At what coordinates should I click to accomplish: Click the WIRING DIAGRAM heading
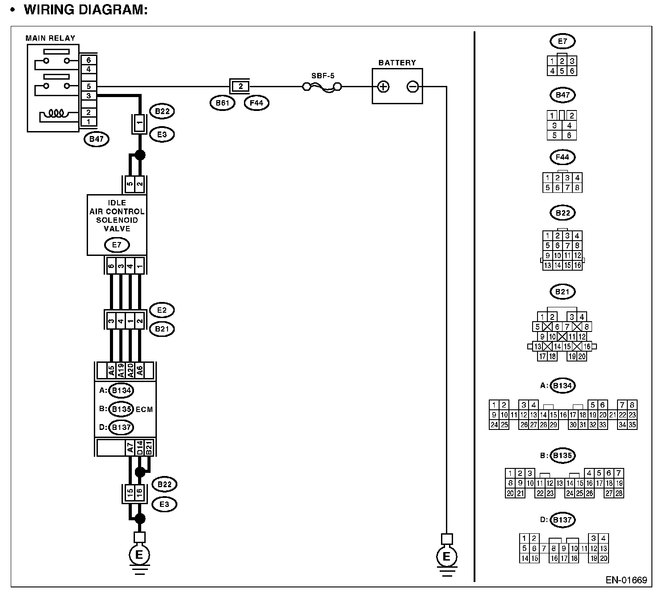tap(85, 10)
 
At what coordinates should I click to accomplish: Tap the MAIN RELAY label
tap(50, 38)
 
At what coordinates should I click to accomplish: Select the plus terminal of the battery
tap(383, 87)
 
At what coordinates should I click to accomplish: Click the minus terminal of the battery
tap(412, 87)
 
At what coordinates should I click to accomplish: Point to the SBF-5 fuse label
tap(323, 76)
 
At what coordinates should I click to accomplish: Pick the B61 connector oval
tap(222, 103)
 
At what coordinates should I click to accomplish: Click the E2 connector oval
tap(162, 310)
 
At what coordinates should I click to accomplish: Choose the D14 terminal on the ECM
tap(139, 448)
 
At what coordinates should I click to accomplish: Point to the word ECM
tap(144, 409)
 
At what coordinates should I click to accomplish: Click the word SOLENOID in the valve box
tap(117, 220)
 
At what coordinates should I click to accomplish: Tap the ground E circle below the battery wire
tap(446, 557)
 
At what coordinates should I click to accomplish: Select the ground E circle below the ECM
tap(139, 555)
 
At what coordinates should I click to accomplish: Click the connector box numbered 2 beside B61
tap(240, 86)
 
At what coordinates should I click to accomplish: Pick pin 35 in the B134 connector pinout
tap(632, 425)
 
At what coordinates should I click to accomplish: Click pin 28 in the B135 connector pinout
tap(619, 493)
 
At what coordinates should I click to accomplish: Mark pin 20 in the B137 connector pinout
tap(604, 558)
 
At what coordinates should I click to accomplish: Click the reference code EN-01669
tap(626, 580)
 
